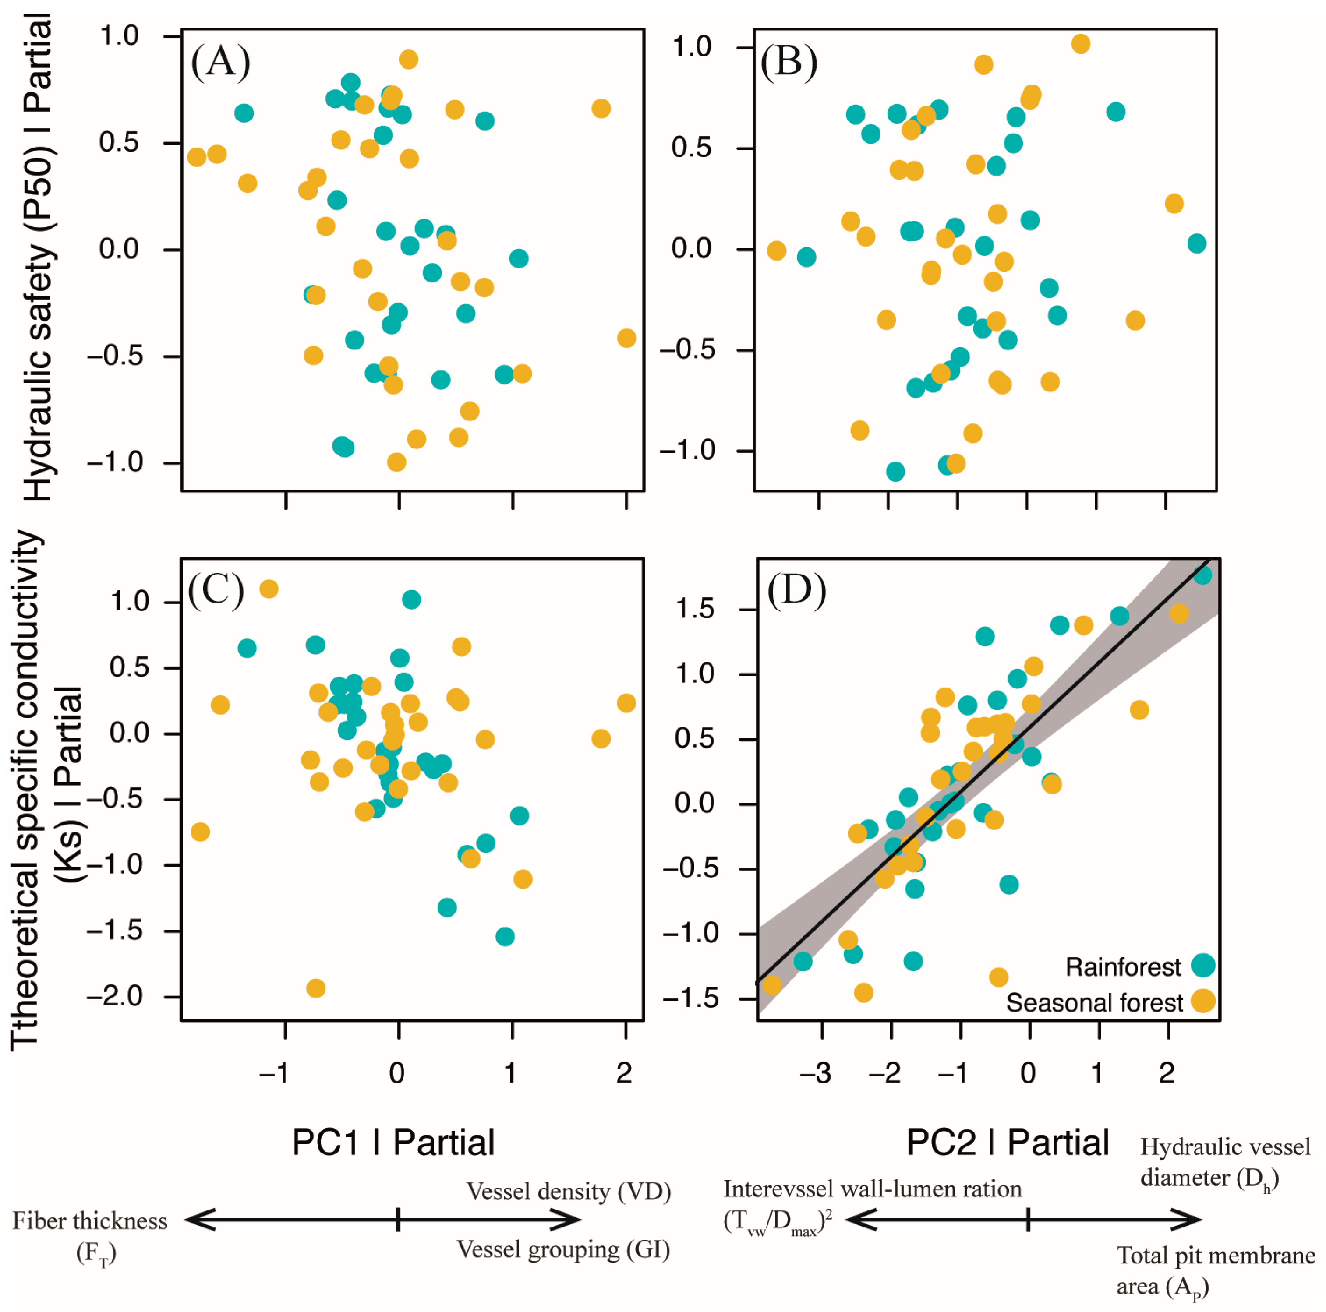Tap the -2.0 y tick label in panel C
coord(115,996)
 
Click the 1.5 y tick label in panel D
coord(695,609)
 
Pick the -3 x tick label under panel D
coord(816,1072)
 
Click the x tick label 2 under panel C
coord(624,1072)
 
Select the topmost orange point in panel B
coord(1080,44)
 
